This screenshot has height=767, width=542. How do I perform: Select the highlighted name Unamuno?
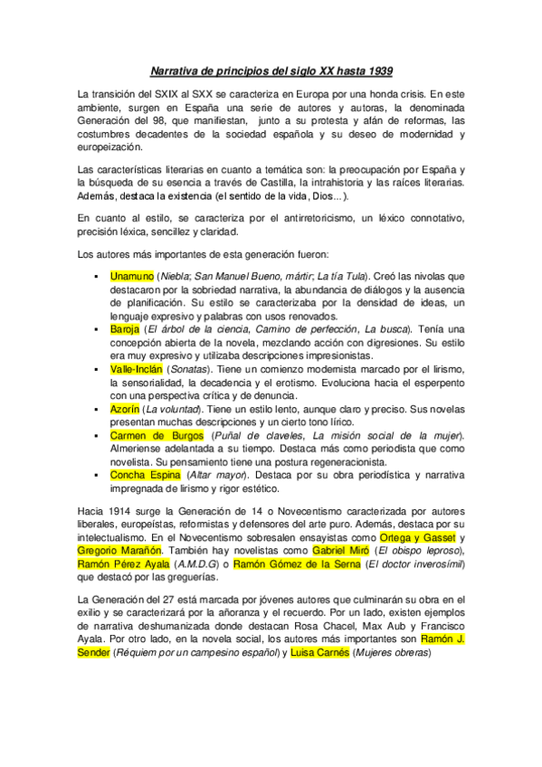[131, 275]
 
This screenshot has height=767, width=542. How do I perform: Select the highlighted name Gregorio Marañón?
[120, 550]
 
